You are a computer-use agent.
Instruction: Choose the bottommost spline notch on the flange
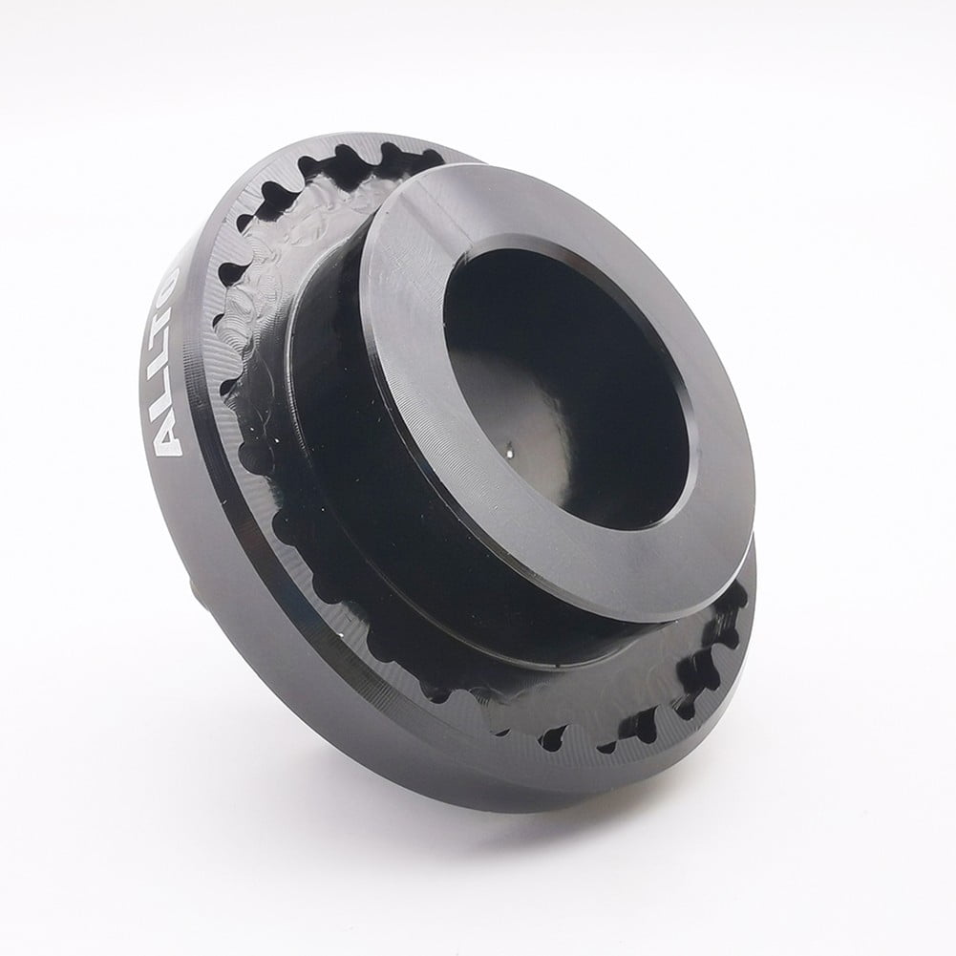[x=552, y=736]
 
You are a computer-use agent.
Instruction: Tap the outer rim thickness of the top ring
[x=669, y=583]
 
